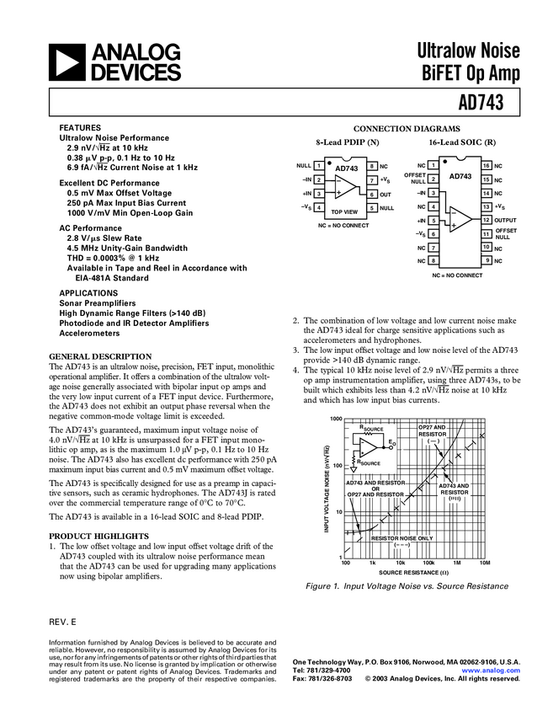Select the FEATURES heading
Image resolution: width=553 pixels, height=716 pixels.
(x=80, y=127)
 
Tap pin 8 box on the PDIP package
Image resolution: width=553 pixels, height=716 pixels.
(x=371, y=167)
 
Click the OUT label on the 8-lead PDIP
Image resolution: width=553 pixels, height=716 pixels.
(x=385, y=194)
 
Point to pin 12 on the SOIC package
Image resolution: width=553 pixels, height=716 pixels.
(x=486, y=220)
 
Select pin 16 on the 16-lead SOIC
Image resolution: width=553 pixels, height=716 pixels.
(x=486, y=166)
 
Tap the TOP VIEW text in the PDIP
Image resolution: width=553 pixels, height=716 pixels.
(x=344, y=211)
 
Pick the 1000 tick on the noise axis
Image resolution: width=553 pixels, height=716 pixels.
(x=337, y=419)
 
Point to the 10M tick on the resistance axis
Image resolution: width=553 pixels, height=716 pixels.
(x=484, y=562)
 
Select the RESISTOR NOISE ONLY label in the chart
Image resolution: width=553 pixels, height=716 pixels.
(x=402, y=537)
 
